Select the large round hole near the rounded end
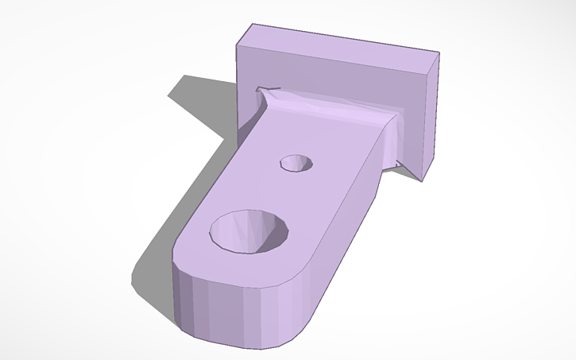click(x=249, y=232)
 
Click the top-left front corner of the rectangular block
click(x=237, y=46)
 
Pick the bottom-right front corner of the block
click(x=422, y=180)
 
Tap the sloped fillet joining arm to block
click(x=334, y=111)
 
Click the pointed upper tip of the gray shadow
click(x=187, y=77)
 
